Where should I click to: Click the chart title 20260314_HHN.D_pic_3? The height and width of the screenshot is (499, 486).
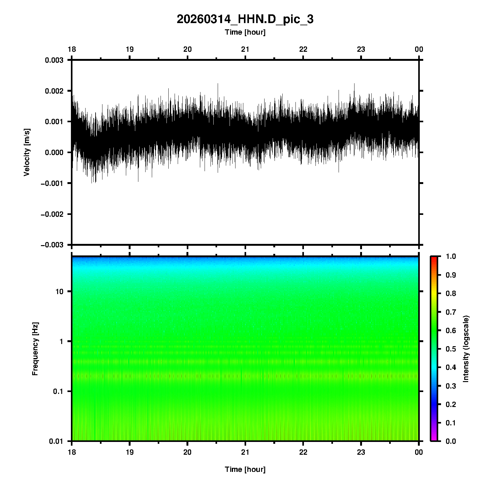[x=245, y=19]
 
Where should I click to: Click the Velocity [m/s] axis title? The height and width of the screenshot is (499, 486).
[x=27, y=152]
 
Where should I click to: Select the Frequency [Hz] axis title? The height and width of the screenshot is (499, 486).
[x=35, y=349]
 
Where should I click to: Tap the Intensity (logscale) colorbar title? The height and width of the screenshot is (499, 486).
[x=466, y=349]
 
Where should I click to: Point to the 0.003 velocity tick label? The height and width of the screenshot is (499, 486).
[x=54, y=60]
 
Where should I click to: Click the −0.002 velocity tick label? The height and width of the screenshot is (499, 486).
[x=52, y=214]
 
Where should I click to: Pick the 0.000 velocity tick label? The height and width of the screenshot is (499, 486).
[x=54, y=153]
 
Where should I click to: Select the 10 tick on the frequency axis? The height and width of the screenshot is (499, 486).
[x=59, y=292]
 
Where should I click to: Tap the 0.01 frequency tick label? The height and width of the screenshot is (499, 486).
[x=56, y=441]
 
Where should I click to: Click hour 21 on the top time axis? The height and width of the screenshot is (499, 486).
[x=245, y=49]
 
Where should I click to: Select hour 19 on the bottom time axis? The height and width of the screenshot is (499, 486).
[x=130, y=452]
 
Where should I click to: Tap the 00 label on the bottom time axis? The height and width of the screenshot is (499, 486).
[x=419, y=452]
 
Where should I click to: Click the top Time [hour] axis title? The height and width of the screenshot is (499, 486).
[x=245, y=32]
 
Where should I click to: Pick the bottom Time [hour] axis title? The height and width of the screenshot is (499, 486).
[x=245, y=469]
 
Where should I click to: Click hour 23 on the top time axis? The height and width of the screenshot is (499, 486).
[x=361, y=49]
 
